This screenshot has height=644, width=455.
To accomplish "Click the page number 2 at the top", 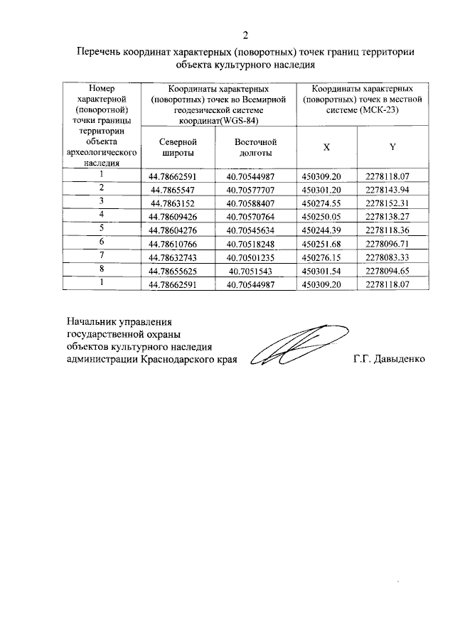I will [245, 35].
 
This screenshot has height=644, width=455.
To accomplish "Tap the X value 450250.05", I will [322, 215].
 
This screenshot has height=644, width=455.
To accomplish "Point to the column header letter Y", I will [392, 147].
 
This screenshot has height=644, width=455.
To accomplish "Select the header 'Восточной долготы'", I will [255, 147].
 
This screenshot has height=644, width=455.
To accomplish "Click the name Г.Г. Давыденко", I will [388, 359].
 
